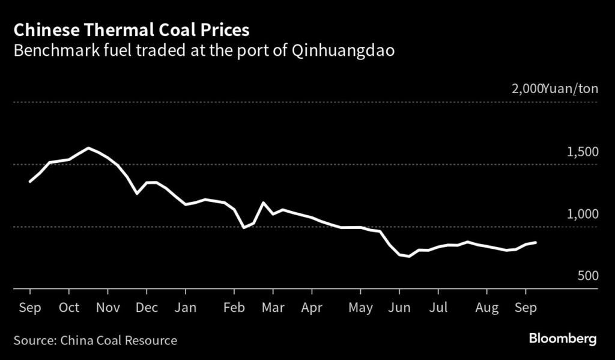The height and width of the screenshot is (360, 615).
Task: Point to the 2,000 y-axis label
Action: click(526, 90)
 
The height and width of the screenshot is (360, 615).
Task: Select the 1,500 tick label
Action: click(582, 152)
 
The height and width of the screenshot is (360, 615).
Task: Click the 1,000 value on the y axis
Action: click(582, 215)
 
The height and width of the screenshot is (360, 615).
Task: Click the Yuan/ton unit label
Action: click(570, 90)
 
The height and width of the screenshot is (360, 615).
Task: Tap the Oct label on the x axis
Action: click(69, 308)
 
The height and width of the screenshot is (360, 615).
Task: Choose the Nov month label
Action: click(108, 308)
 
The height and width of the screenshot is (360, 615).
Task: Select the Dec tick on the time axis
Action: click(147, 308)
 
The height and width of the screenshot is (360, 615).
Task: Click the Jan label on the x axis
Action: click(186, 308)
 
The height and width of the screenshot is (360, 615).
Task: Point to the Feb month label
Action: click(234, 308)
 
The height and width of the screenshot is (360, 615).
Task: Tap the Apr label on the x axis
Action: click(312, 308)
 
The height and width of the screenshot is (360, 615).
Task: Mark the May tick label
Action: click(360, 308)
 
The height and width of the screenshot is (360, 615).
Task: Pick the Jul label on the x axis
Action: click(438, 308)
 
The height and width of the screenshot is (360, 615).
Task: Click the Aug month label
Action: click(487, 308)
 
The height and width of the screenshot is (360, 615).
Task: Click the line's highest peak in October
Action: click(89, 148)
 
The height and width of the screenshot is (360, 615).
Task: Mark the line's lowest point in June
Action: click(409, 256)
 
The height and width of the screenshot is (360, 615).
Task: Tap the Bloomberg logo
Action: click(563, 339)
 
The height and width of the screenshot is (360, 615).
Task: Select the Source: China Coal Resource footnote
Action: click(95, 341)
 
